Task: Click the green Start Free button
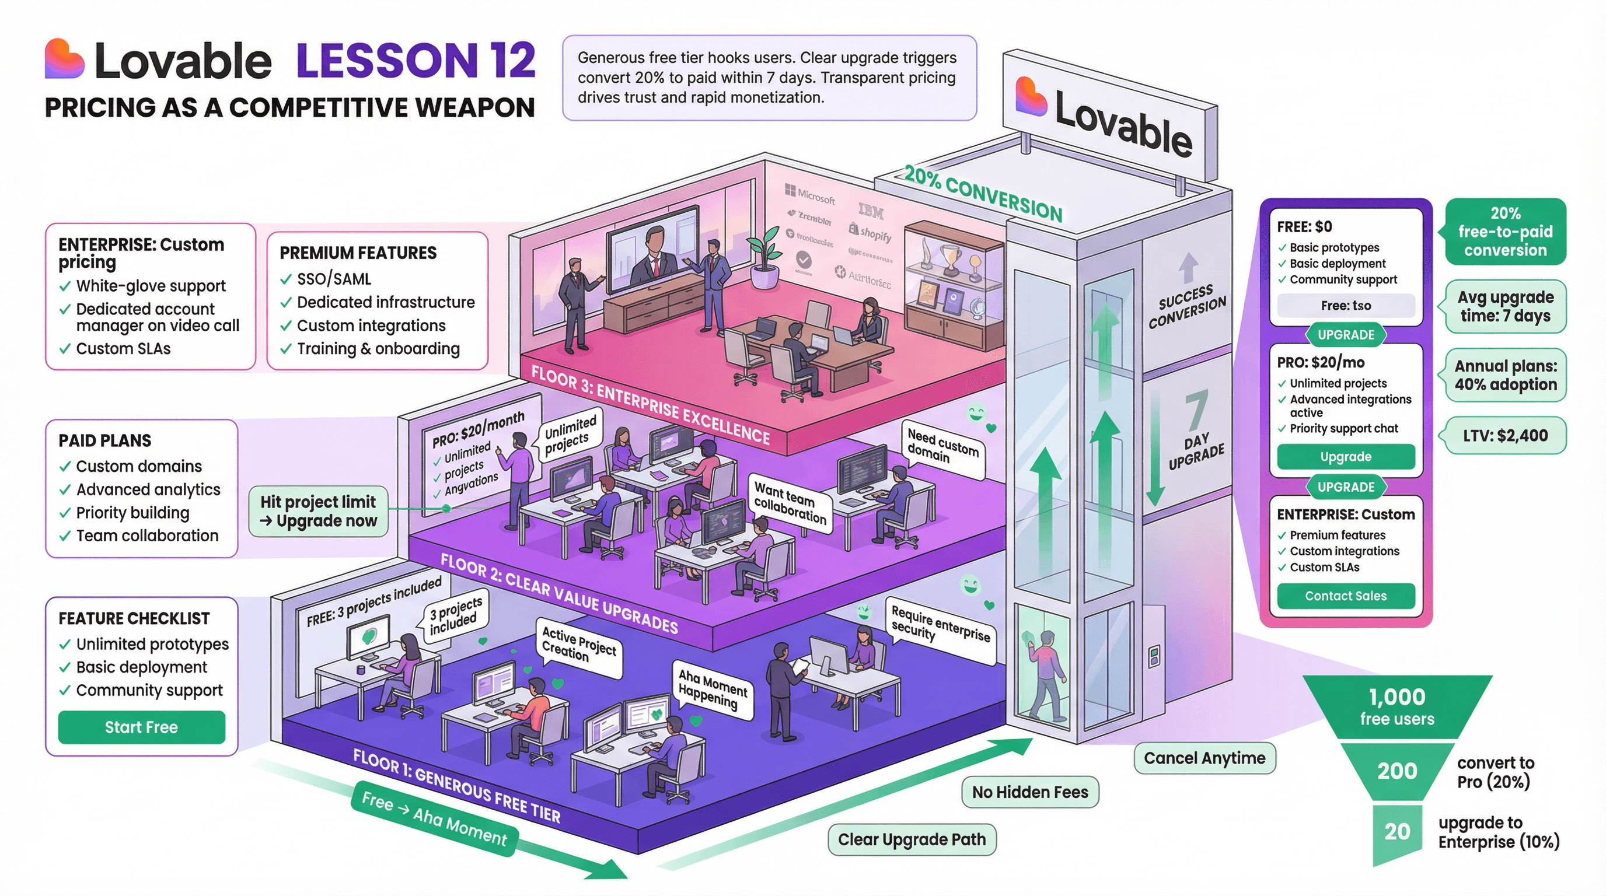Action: pyautogui.click(x=142, y=727)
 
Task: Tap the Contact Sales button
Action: pyautogui.click(x=1345, y=596)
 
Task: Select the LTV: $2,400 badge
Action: pyautogui.click(x=1505, y=436)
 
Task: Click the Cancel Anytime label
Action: pyautogui.click(x=1204, y=758)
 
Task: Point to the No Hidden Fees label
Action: pyautogui.click(x=1030, y=792)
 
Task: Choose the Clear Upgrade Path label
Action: pyautogui.click(x=912, y=839)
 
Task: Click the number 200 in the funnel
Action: pyautogui.click(x=1396, y=771)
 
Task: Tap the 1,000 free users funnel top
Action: pyautogui.click(x=1396, y=706)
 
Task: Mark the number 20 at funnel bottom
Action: pyautogui.click(x=1396, y=831)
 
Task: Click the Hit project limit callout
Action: pyautogui.click(x=319, y=511)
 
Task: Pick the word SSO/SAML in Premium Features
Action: pyautogui.click(x=334, y=278)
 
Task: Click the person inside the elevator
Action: pyautogui.click(x=1045, y=673)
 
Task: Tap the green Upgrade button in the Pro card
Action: pyautogui.click(x=1345, y=457)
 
